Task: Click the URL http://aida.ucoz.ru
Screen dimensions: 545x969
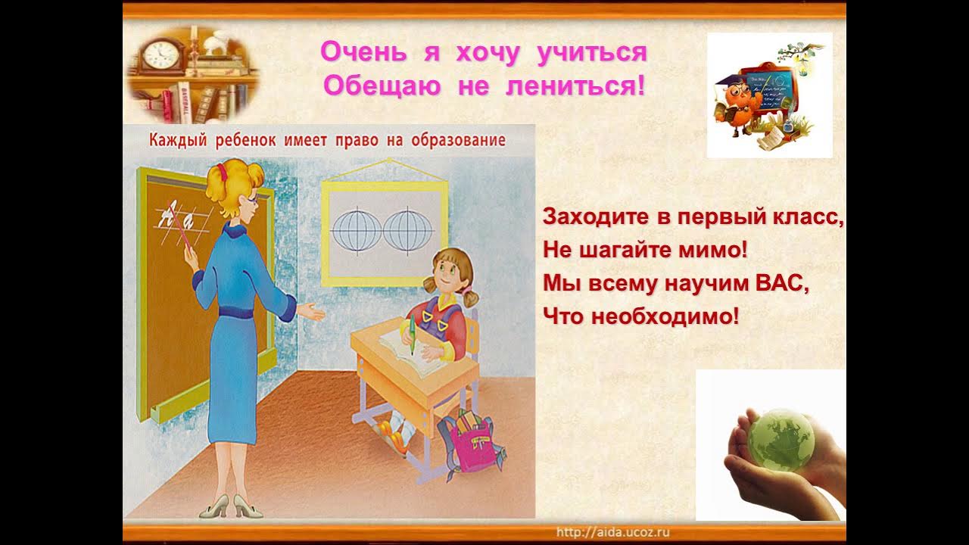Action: [613, 532]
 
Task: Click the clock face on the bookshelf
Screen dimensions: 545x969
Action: [160, 54]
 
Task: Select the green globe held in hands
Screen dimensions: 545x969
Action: [780, 439]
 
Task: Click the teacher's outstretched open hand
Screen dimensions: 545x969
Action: [312, 310]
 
